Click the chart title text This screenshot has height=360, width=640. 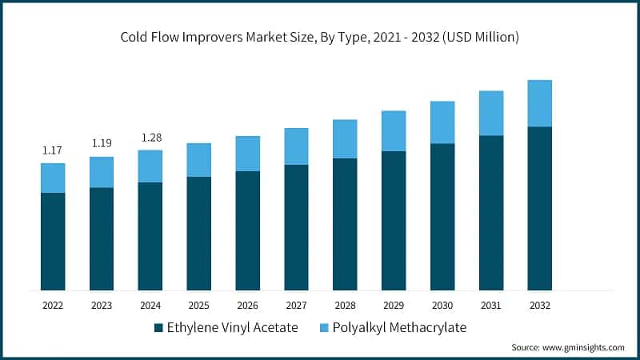320,37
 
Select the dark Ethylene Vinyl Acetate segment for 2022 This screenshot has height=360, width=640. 53,241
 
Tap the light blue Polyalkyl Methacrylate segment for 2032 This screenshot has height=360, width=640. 539,103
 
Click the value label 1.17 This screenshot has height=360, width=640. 53,150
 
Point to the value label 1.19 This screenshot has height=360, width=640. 102,143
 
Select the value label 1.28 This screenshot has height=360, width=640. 150,138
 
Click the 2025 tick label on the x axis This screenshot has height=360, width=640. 199,305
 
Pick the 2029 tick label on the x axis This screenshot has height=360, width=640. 394,305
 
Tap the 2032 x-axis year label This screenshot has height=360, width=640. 539,305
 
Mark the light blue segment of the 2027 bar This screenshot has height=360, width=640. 296,146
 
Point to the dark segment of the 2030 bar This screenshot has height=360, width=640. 442,216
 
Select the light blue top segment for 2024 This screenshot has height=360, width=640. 150,166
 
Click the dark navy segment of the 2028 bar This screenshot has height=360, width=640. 345,224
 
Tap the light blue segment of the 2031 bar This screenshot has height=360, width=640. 491,113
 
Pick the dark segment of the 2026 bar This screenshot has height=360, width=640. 247,230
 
